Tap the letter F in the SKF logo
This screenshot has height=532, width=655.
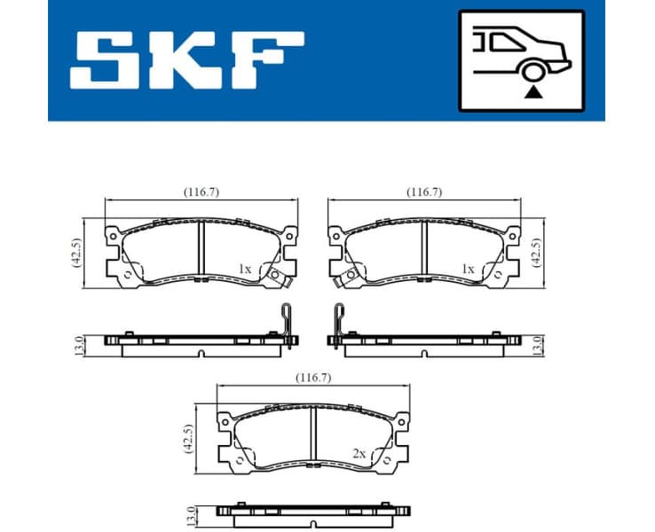pos(267,60)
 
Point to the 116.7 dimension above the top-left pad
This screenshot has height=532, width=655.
pos(201,192)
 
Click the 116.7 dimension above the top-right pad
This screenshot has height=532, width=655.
pos(424,192)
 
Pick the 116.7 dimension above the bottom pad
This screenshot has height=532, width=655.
pos(313,377)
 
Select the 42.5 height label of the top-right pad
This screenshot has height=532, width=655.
pos(535,253)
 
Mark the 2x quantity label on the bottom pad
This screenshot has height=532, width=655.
pos(359,453)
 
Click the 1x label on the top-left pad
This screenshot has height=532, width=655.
pos(246,268)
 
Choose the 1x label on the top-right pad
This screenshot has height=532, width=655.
pos(468,268)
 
